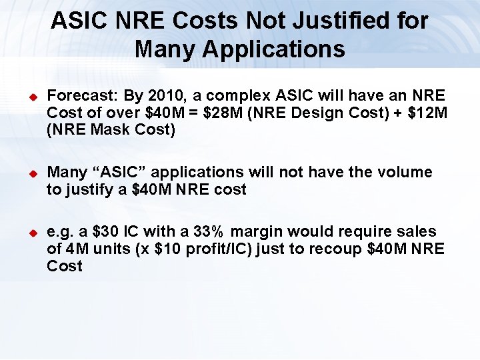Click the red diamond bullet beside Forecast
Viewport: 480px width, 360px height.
(29, 97)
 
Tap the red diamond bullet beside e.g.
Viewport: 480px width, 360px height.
(29, 233)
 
